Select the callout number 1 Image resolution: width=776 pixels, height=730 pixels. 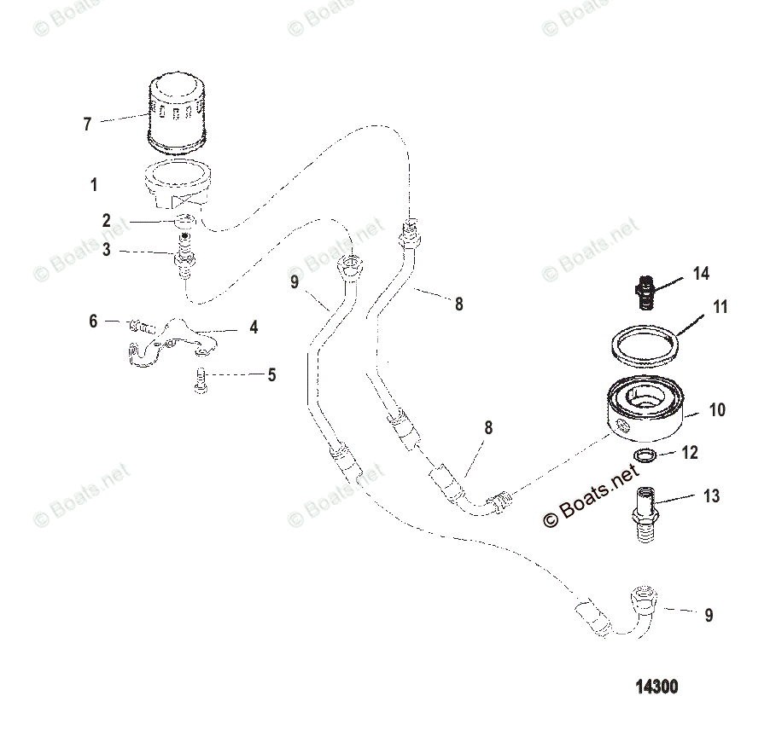(x=94, y=184)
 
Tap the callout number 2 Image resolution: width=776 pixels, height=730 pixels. (x=107, y=220)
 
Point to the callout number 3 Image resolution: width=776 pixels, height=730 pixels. (x=107, y=250)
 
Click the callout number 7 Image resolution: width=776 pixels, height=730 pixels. (x=87, y=124)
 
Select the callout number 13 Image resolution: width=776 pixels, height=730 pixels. (x=712, y=496)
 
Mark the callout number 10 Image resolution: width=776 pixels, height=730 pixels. (x=717, y=410)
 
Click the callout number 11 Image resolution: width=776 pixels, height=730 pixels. (x=721, y=307)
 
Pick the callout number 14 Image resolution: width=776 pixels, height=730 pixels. (x=701, y=274)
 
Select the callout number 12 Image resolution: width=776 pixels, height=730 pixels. (x=690, y=453)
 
